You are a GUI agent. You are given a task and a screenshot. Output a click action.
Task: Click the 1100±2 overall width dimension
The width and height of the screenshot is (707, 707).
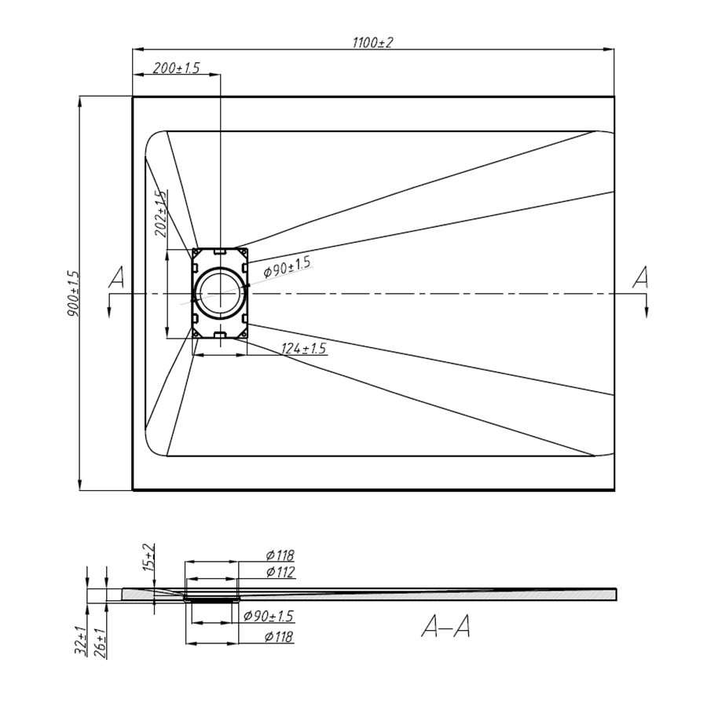(x=373, y=42)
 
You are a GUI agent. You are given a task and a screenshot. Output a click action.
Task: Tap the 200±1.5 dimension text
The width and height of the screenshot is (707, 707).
(x=176, y=68)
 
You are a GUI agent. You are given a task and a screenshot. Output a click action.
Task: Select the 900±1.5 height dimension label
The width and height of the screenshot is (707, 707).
(x=74, y=294)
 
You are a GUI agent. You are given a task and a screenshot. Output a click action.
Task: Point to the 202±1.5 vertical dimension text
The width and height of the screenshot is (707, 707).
(x=161, y=213)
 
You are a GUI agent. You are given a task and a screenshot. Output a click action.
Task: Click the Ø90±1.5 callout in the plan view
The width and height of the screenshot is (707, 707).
(x=288, y=266)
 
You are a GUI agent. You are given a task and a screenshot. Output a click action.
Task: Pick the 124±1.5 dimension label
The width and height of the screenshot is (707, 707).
(x=303, y=349)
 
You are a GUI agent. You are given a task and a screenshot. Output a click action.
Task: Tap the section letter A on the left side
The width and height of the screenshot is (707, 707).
(x=116, y=277)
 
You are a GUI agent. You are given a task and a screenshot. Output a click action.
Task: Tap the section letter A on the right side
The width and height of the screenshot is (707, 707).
(x=640, y=277)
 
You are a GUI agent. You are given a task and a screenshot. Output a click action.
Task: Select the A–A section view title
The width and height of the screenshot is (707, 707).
(x=446, y=627)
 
